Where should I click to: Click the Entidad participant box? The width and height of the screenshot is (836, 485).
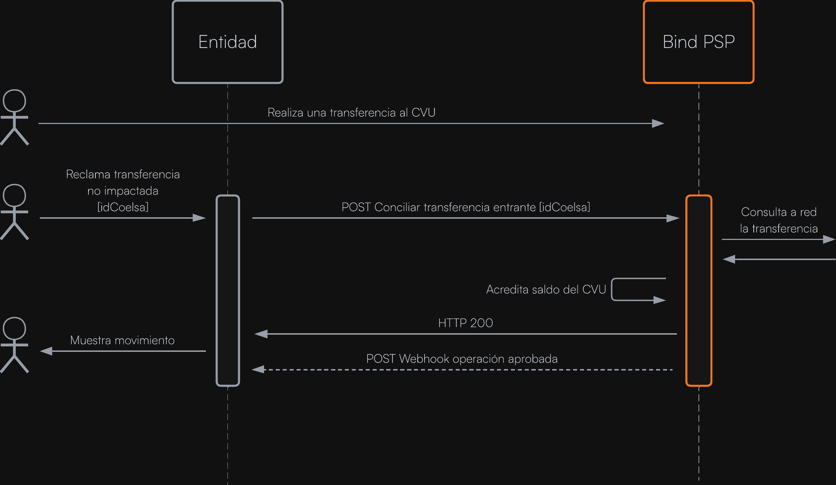coord(227,42)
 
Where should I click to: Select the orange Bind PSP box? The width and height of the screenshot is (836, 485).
coord(698,42)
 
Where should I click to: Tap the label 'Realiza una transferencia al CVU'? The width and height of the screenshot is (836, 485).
coord(351,113)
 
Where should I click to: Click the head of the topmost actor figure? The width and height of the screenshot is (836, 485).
coord(14,101)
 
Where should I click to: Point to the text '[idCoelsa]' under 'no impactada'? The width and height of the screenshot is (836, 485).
coord(123,207)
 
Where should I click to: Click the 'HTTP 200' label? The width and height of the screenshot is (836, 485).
coord(466,323)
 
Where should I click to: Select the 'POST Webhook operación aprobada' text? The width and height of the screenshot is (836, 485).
coord(462,359)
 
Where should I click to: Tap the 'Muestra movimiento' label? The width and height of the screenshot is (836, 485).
coord(122,341)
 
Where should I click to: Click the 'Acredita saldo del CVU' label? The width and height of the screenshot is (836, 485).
coord(546,290)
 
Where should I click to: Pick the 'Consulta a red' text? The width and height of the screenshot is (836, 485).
coord(779,212)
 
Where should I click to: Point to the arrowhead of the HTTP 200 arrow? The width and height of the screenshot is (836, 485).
coord(261,334)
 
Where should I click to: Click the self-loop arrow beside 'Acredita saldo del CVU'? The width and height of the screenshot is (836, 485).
coord(638,289)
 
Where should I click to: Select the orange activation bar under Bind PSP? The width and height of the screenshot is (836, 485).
coord(698,290)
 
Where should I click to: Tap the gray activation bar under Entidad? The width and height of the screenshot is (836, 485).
coord(227,290)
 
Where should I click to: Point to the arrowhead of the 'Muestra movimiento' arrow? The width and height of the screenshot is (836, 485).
coord(46,351)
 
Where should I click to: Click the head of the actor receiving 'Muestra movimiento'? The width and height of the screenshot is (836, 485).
coord(14,328)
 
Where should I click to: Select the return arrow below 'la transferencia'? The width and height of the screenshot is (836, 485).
coord(779,259)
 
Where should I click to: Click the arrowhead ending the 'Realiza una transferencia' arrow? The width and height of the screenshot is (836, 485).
coord(658,124)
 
